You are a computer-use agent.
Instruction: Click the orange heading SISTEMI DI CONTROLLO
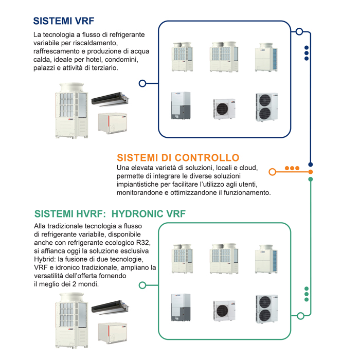pyautogui.click(x=178, y=157)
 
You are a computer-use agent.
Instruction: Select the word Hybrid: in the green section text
pyautogui.click(x=45, y=259)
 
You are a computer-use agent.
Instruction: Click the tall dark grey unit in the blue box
pyautogui.click(x=181, y=105)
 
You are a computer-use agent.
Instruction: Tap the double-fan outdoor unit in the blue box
pyautogui.click(x=266, y=107)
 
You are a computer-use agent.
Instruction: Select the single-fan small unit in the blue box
pyautogui.click(x=224, y=108)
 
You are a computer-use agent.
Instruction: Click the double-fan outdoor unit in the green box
pyautogui.click(x=266, y=309)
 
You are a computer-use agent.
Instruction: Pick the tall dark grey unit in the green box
pyautogui.click(x=181, y=308)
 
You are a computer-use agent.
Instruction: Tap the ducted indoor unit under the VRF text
pyautogui.click(x=109, y=97)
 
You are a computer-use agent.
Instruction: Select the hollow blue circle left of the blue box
pyautogui.click(x=142, y=83)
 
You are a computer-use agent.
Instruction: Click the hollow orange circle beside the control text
pyautogui.click(x=273, y=171)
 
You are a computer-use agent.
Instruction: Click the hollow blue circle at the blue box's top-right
pyautogui.click(x=299, y=32)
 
